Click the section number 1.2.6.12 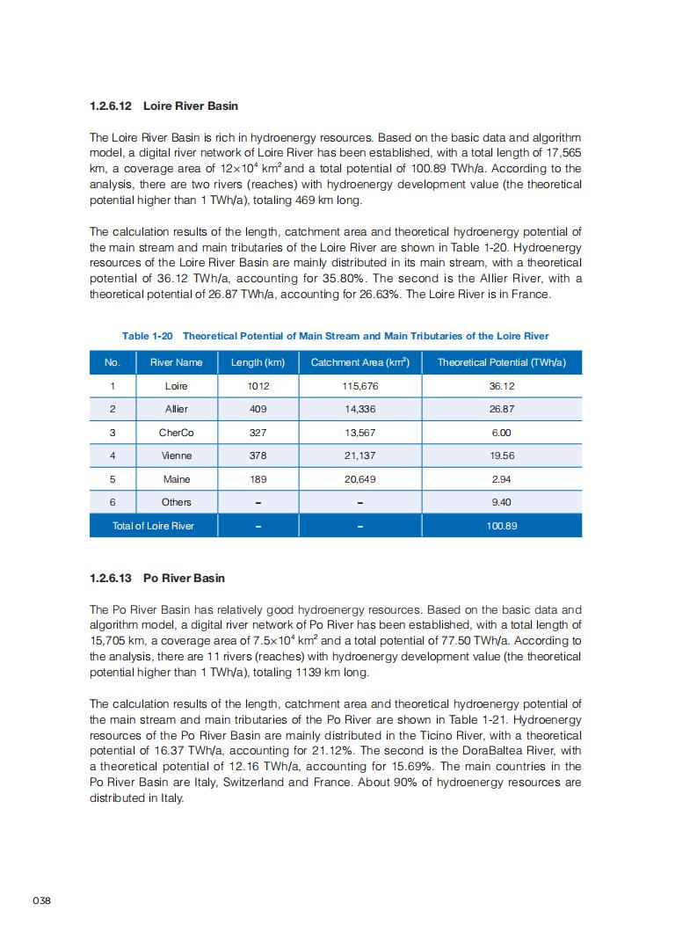coord(111,106)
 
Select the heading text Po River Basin coord(184,578)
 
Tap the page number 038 coord(42,900)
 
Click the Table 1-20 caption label coord(148,336)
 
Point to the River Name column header coord(176,362)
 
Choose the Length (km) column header coord(258,362)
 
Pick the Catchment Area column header coord(360,362)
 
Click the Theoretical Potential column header coord(501,362)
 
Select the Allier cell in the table coord(176,409)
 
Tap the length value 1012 coord(258,386)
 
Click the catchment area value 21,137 coord(360,455)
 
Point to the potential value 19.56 coord(501,455)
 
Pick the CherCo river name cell coord(176,433)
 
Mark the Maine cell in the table coord(176,479)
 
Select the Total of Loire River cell coord(153,526)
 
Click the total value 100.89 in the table coord(501,526)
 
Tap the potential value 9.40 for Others coord(501,502)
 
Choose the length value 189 coord(258,479)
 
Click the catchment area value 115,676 coord(360,386)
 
